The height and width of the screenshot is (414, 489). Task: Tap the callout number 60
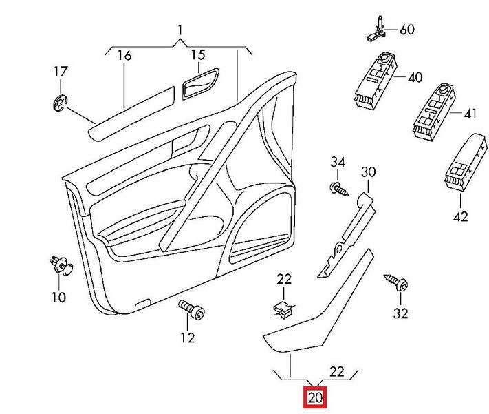(x=407, y=30)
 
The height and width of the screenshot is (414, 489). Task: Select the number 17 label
(x=61, y=71)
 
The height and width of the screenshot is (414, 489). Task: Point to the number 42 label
(x=460, y=216)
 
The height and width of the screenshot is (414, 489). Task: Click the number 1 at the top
(x=180, y=30)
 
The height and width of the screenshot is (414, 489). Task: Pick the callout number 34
(x=337, y=162)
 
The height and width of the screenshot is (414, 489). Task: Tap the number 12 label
(x=188, y=338)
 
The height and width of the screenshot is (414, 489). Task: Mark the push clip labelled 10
(x=61, y=265)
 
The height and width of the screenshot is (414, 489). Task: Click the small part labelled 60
(x=376, y=28)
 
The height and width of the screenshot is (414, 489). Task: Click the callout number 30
(x=369, y=172)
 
